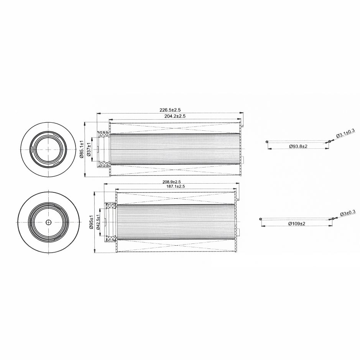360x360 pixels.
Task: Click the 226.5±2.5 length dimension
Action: (170, 110)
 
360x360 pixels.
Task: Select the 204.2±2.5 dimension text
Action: (175, 117)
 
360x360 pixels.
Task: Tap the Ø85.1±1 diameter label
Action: (81, 150)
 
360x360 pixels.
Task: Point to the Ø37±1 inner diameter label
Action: (89, 150)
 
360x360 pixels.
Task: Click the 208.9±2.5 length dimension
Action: (171, 182)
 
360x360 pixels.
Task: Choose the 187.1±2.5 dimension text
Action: (176, 186)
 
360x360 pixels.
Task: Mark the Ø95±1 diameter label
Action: (91, 222)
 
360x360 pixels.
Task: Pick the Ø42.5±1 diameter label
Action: (98, 222)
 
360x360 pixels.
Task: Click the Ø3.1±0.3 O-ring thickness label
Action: (345, 133)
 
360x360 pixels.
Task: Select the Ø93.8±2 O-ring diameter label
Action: (298, 146)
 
